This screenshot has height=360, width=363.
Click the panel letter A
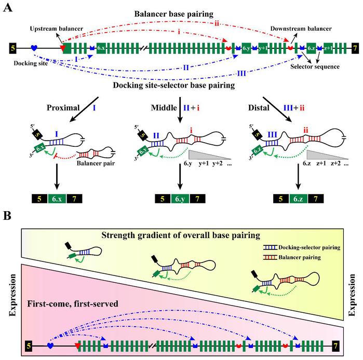(x=7, y=8)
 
